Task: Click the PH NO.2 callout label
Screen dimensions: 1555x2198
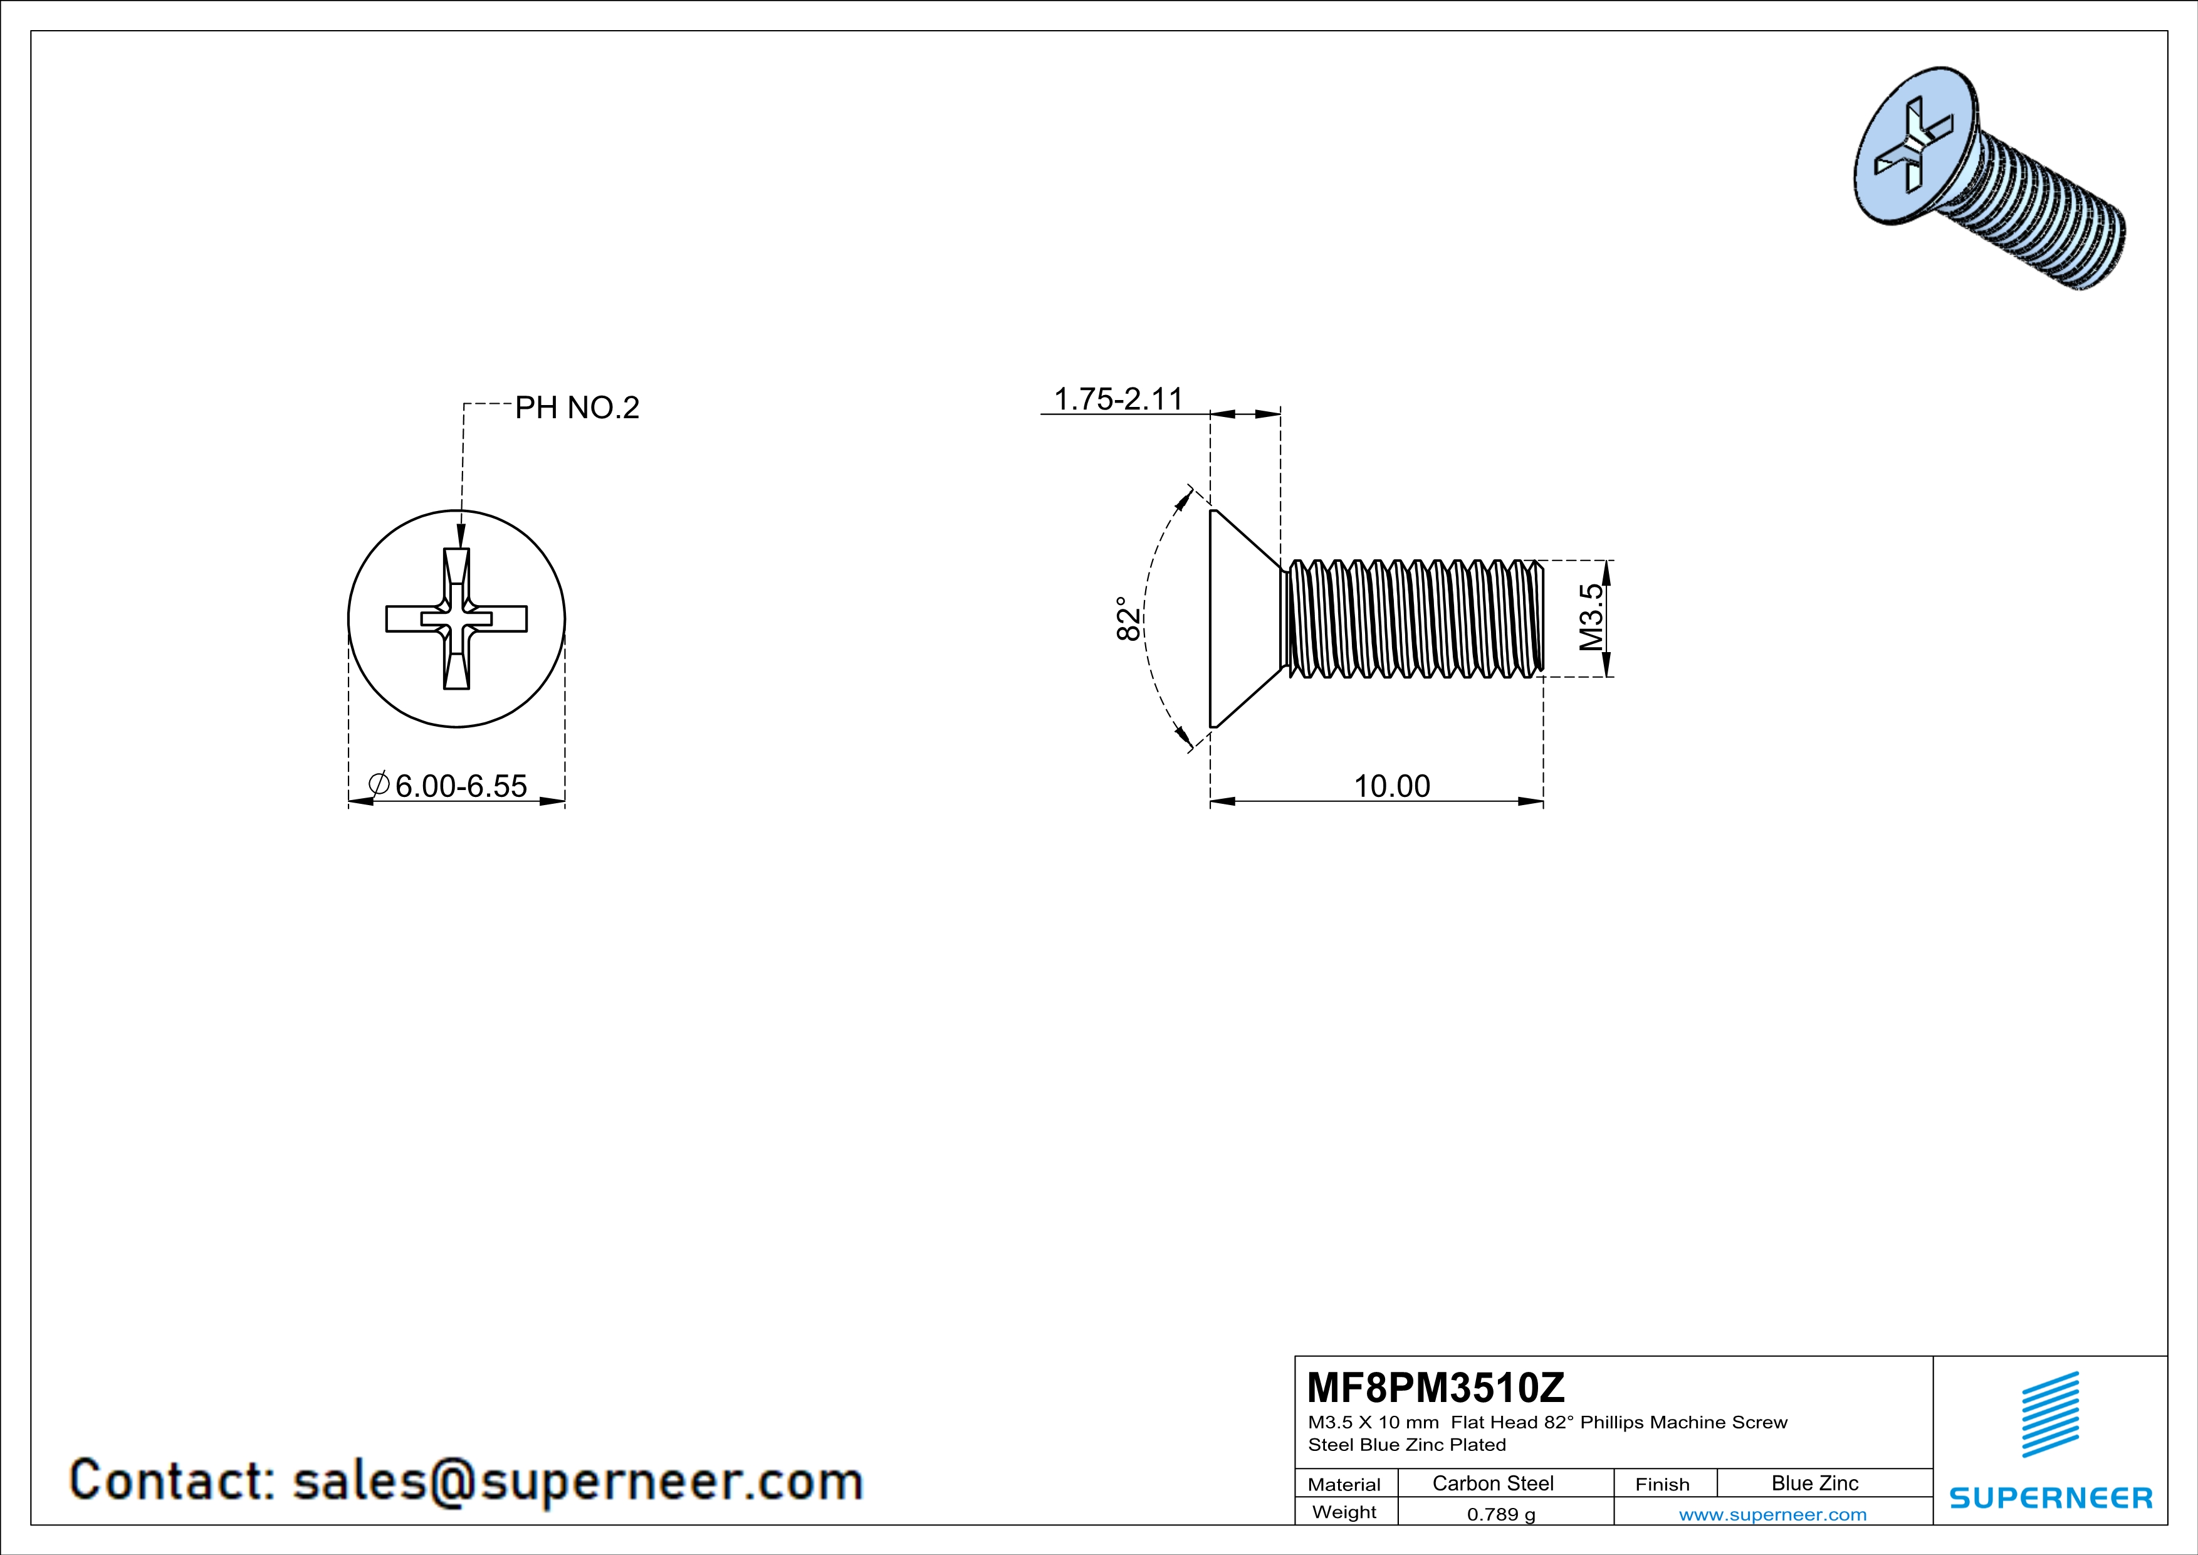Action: (x=577, y=408)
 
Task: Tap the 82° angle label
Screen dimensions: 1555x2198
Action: (x=1129, y=619)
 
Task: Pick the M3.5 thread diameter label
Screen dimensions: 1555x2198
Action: (x=1590, y=618)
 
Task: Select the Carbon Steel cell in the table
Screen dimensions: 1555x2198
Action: (x=1492, y=1483)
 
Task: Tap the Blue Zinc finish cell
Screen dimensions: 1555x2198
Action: (x=1814, y=1483)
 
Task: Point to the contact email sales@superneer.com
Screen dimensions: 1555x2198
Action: (x=466, y=1480)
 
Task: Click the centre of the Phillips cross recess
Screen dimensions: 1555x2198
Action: (x=457, y=619)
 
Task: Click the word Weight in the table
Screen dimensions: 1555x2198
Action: (x=1344, y=1512)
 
